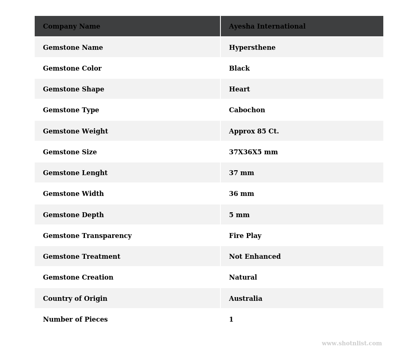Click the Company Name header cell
pyautogui.click(x=71, y=27)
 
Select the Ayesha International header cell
pyautogui.click(x=267, y=27)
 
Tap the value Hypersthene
pyautogui.click(x=252, y=48)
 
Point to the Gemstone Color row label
pyautogui.click(x=72, y=69)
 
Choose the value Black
pyautogui.click(x=239, y=69)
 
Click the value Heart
pyautogui.click(x=239, y=89)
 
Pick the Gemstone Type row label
pyautogui.click(x=71, y=110)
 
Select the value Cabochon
pyautogui.click(x=247, y=110)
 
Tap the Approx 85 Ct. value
pyautogui.click(x=254, y=131)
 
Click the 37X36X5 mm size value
pyautogui.click(x=253, y=152)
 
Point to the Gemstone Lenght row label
pyautogui.click(x=75, y=173)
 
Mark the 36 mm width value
pyautogui.click(x=241, y=194)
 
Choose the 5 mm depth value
pyautogui.click(x=239, y=215)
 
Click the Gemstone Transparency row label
pyautogui.click(x=87, y=236)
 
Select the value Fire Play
pyautogui.click(x=245, y=236)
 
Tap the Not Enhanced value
pyautogui.click(x=255, y=257)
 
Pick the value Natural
pyautogui.click(x=243, y=278)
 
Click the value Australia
pyautogui.click(x=245, y=299)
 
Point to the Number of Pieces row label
pyautogui.click(x=75, y=320)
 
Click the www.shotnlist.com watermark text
pyautogui.click(x=351, y=344)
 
